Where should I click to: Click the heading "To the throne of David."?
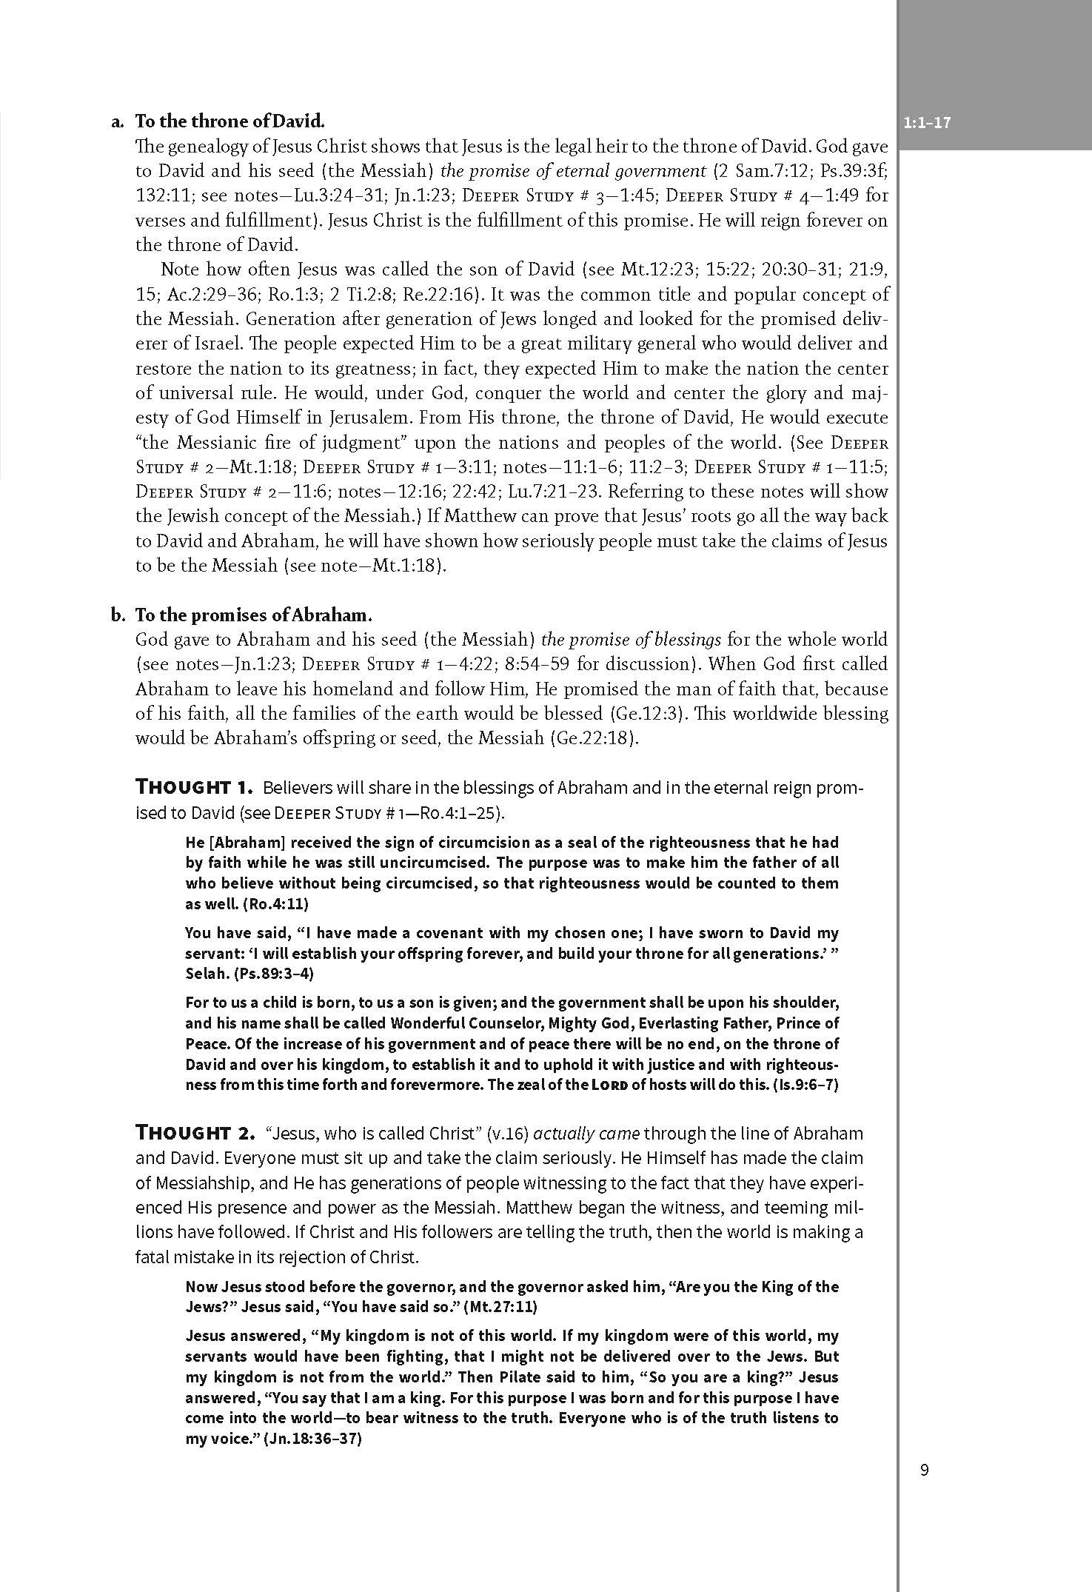pyautogui.click(x=230, y=121)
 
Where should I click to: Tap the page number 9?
pyautogui.click(x=924, y=1470)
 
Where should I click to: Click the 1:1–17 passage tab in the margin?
pyautogui.click(x=927, y=123)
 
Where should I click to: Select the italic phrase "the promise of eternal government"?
pyautogui.click(x=573, y=171)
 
